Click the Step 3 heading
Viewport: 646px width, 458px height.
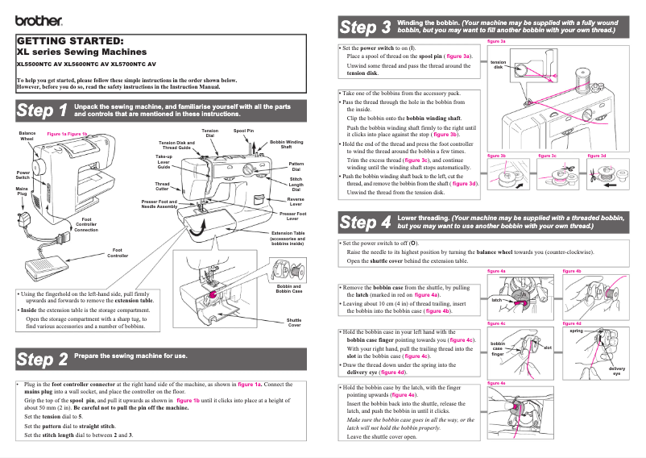click(x=365, y=27)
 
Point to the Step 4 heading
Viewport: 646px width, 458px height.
click(x=365, y=222)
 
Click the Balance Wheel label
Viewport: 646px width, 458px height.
click(x=27, y=135)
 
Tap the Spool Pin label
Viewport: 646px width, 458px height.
click(x=243, y=130)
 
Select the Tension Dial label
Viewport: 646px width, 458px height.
click(x=209, y=133)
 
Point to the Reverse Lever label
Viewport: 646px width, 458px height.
click(x=296, y=201)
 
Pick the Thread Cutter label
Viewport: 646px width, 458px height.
click(x=162, y=186)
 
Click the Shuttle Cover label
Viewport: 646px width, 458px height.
click(x=294, y=323)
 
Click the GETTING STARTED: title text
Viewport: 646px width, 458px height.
click(x=70, y=41)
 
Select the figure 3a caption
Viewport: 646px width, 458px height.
click(x=497, y=40)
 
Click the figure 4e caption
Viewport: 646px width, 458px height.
click(x=497, y=384)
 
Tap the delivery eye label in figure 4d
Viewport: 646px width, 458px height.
click(x=616, y=370)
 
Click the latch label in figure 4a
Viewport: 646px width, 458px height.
click(x=497, y=300)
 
